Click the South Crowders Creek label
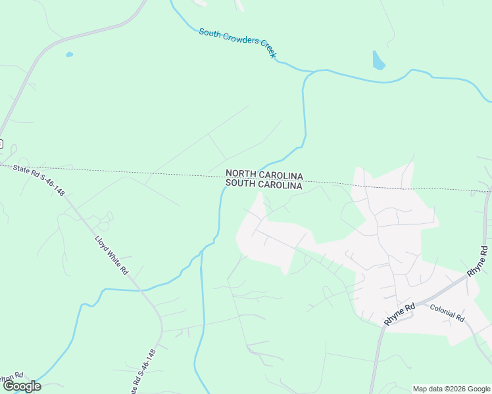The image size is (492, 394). click(x=237, y=42)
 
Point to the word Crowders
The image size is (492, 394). click(x=238, y=41)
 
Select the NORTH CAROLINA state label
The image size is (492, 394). click(x=264, y=175)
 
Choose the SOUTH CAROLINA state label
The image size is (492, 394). click(x=264, y=186)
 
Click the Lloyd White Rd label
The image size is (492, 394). click(x=111, y=255)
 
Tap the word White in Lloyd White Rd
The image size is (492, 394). click(x=112, y=256)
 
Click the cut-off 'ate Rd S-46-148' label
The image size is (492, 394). click(x=145, y=370)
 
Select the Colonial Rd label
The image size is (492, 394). click(x=447, y=313)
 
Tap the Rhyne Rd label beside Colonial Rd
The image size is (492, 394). click(x=400, y=315)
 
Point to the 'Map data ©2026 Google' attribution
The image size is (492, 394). click(x=451, y=389)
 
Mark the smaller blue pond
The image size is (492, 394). click(x=70, y=55)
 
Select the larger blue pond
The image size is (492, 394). click(x=378, y=60)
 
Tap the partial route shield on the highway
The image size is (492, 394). click(x=1, y=144)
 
